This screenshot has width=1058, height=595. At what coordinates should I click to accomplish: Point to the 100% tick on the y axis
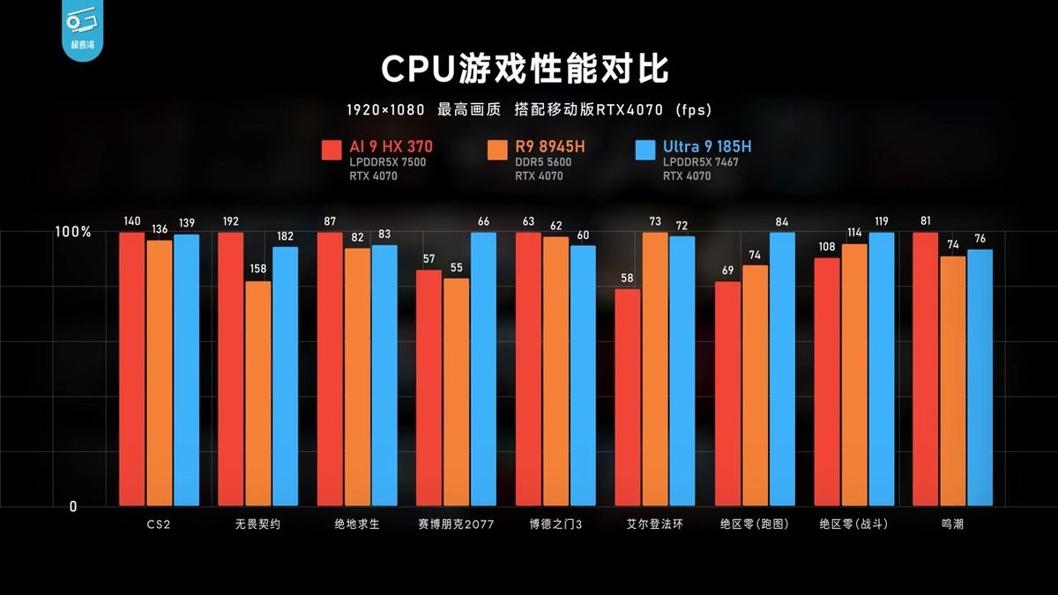tap(73, 232)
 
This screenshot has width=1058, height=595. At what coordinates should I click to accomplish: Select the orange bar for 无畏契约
tap(257, 393)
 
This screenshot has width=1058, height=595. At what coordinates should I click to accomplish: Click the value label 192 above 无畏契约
tap(230, 222)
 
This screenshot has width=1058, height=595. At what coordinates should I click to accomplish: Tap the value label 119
tap(882, 222)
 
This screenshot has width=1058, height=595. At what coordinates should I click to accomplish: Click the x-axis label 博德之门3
tap(555, 524)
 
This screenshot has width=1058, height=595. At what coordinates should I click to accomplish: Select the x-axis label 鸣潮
tap(952, 524)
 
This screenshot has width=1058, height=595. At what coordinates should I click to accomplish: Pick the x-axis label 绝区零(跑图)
tap(755, 524)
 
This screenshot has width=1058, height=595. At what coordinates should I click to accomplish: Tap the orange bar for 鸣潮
tap(952, 381)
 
